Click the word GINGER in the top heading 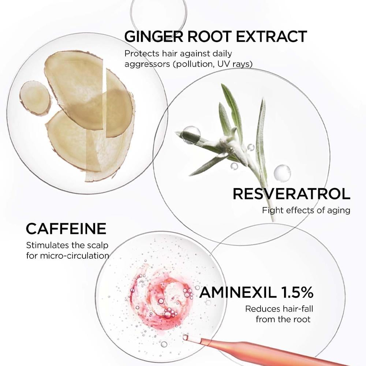coord(154,37)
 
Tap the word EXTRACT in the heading coord(271,37)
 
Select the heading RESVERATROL coord(291,194)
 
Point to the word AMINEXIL coord(238,292)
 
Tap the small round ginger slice coord(35,98)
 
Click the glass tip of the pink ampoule coord(186,337)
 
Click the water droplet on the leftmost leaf coord(191,135)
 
